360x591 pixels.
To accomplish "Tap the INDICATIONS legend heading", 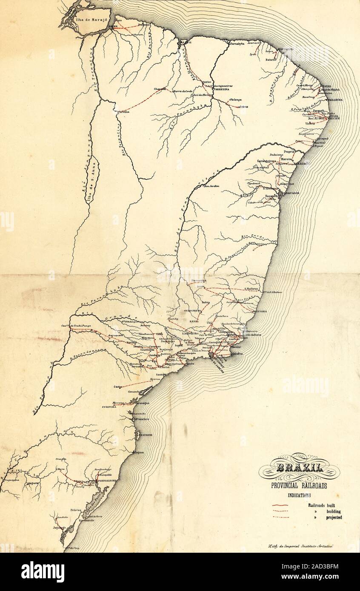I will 299,495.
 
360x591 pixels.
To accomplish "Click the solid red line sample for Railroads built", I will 280,506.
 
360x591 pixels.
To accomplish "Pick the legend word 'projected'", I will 334,517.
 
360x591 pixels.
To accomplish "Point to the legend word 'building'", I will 333,511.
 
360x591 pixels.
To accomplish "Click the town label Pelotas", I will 77,509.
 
